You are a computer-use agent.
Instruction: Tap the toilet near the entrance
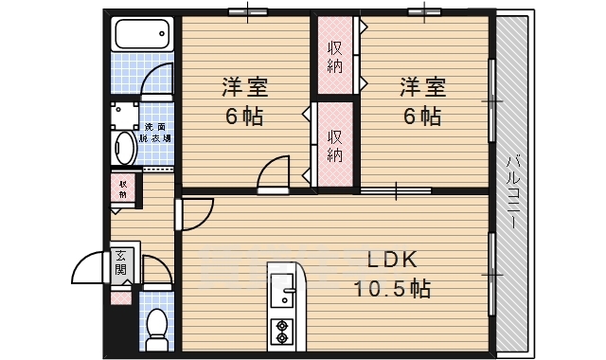(158, 327)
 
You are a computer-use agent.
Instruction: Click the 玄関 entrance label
(121, 262)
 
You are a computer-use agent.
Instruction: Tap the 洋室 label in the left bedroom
(244, 88)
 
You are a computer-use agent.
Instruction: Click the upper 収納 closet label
(335, 56)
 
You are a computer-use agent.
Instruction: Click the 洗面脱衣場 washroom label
(155, 133)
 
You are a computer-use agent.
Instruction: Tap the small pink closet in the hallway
(123, 189)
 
